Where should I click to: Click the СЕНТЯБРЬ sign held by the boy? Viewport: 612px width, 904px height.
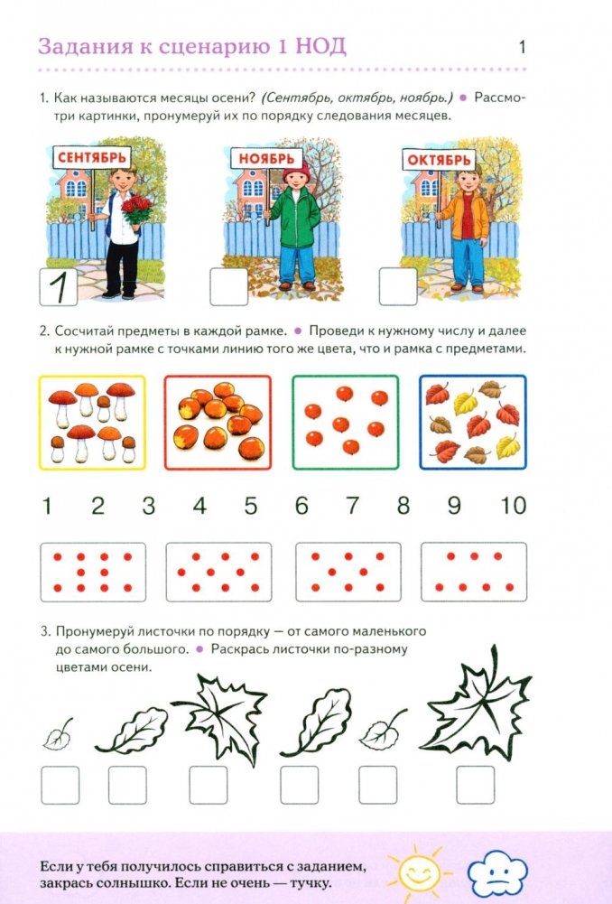[x=92, y=157]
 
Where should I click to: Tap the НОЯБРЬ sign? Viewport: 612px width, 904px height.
[x=267, y=158]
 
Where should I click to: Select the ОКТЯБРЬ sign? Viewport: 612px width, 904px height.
[x=439, y=160]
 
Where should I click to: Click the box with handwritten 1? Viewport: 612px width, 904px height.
[x=59, y=286]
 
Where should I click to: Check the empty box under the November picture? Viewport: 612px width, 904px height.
[x=228, y=286]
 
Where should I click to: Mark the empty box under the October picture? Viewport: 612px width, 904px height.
[x=398, y=286]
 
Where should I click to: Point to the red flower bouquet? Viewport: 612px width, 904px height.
[x=136, y=209]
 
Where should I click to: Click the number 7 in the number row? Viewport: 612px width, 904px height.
[x=352, y=506]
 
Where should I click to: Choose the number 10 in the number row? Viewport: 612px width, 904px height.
[x=513, y=506]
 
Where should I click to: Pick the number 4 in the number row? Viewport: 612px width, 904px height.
[x=199, y=506]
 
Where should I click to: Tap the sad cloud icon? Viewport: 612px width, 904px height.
[x=496, y=874]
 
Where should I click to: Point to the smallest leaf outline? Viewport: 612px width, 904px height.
[x=58, y=736]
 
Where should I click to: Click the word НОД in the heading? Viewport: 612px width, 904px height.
[x=320, y=47]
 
